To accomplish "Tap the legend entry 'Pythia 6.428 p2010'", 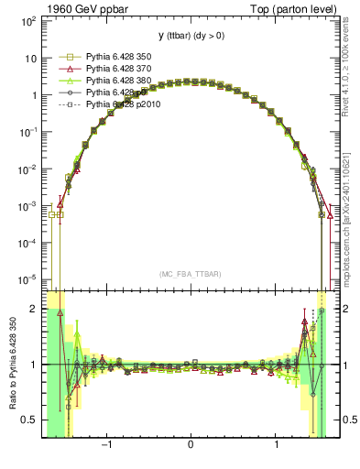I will (125, 105).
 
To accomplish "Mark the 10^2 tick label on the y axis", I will (27, 20).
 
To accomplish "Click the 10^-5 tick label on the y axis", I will (27, 279).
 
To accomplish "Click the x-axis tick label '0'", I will (190, 446).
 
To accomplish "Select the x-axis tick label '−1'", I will (107, 446).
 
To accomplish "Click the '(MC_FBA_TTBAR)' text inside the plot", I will (190, 275).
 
